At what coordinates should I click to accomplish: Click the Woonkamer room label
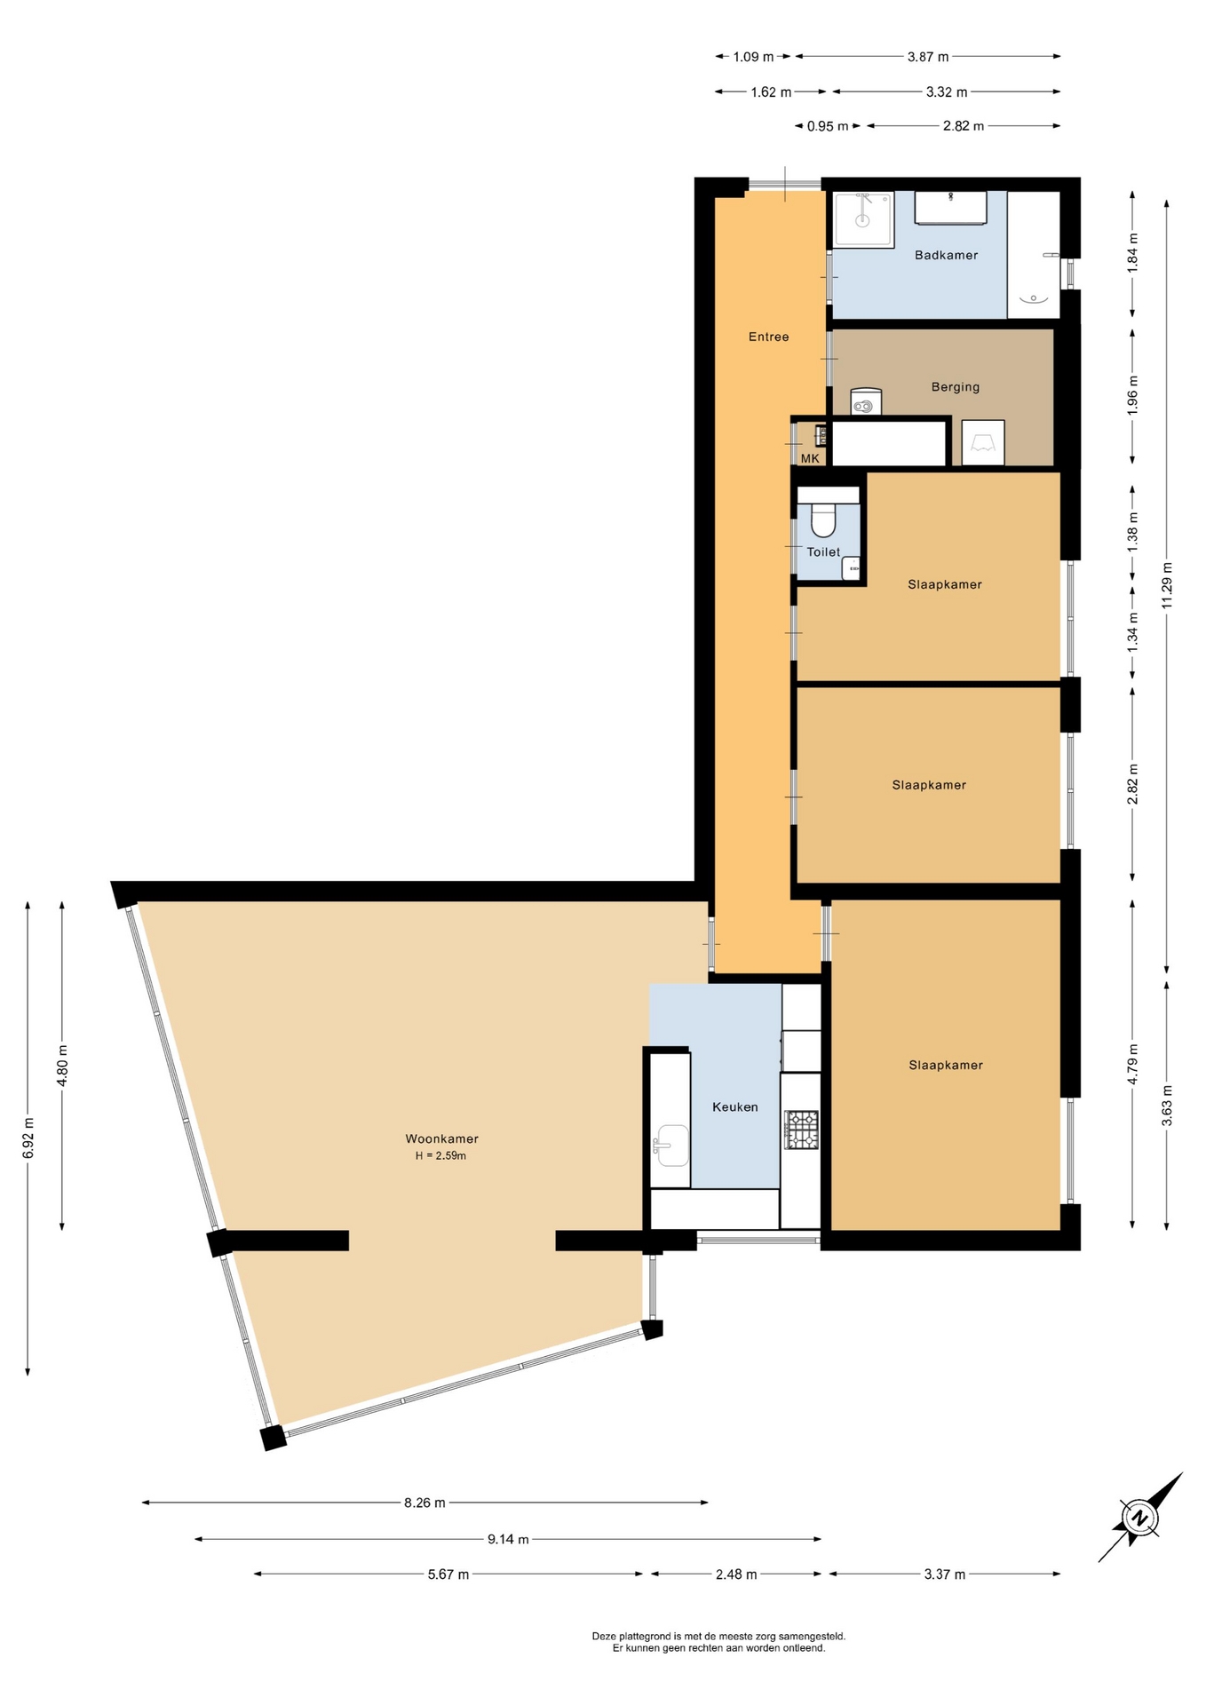(x=441, y=1138)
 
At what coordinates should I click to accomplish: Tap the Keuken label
(x=735, y=1106)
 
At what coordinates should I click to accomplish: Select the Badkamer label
(x=947, y=255)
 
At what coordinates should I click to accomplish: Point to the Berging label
(x=956, y=386)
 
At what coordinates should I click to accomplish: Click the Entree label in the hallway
(x=769, y=337)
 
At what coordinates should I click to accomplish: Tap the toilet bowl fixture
(x=824, y=520)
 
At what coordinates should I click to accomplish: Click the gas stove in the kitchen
(x=802, y=1130)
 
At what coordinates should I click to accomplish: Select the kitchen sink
(x=671, y=1146)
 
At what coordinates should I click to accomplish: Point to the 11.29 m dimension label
(x=1167, y=585)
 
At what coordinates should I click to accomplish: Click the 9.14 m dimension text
(x=508, y=1539)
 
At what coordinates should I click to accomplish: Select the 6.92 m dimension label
(x=28, y=1138)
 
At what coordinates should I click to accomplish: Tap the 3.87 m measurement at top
(x=928, y=57)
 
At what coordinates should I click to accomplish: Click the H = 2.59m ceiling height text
(x=440, y=1155)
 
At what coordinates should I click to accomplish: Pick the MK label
(x=810, y=458)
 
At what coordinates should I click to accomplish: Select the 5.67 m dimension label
(x=448, y=1574)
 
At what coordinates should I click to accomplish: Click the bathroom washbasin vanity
(x=951, y=208)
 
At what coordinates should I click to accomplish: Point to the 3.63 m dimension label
(x=1167, y=1106)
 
